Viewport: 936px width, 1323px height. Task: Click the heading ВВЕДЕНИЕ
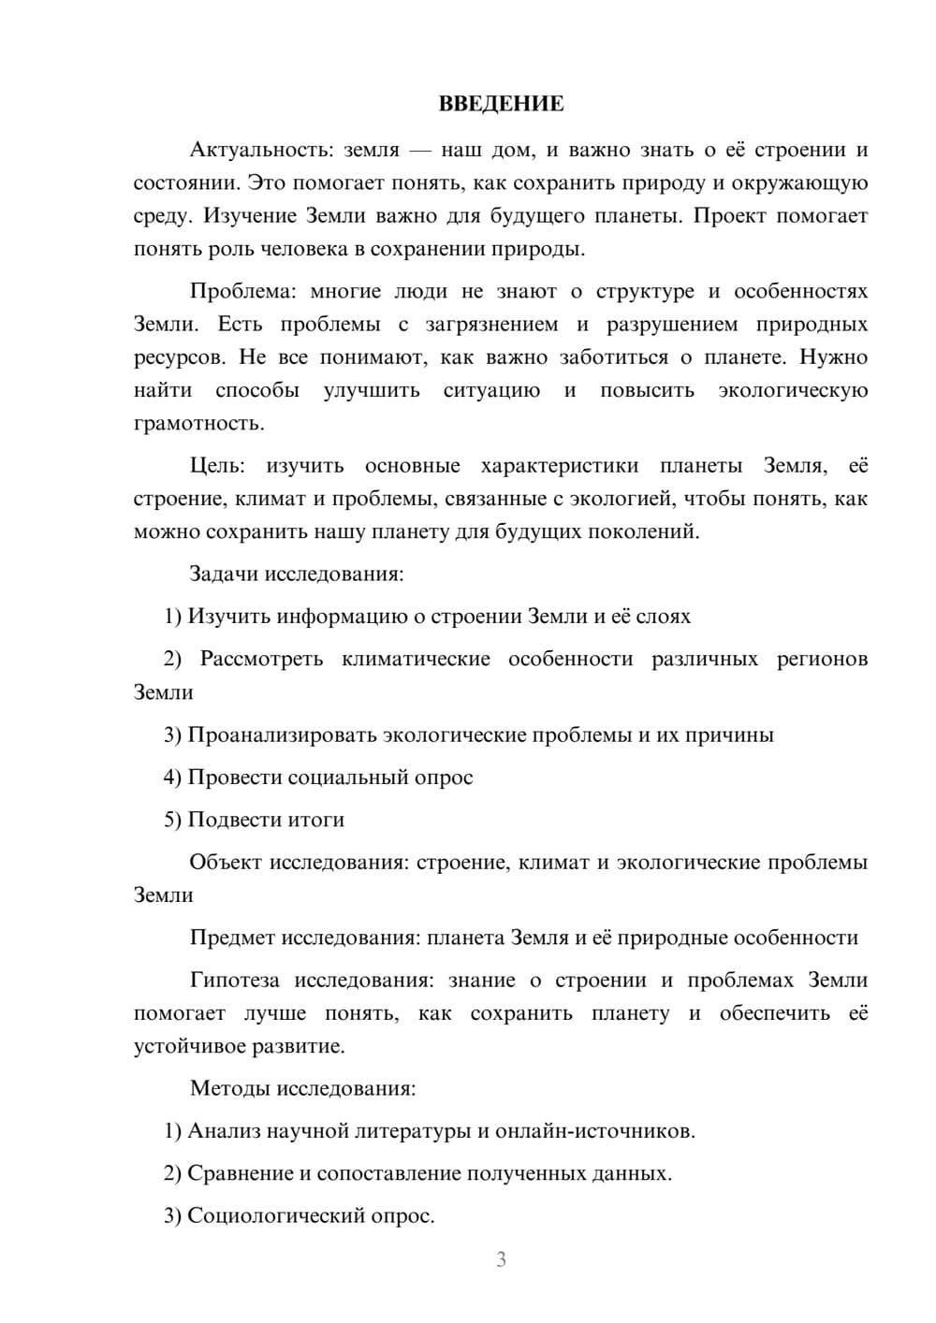[x=501, y=104]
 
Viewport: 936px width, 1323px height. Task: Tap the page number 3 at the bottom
[x=501, y=1259]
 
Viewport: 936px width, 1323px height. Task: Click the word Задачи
[x=225, y=574]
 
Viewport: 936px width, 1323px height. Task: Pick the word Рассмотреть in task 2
[x=261, y=659]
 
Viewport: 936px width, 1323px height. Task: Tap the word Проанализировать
[x=283, y=734]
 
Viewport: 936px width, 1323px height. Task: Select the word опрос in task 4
[x=444, y=778]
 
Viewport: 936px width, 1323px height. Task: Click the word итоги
[x=314, y=820]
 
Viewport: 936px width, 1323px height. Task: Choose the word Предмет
[x=232, y=938]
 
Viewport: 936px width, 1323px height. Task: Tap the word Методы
[x=226, y=1088]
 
